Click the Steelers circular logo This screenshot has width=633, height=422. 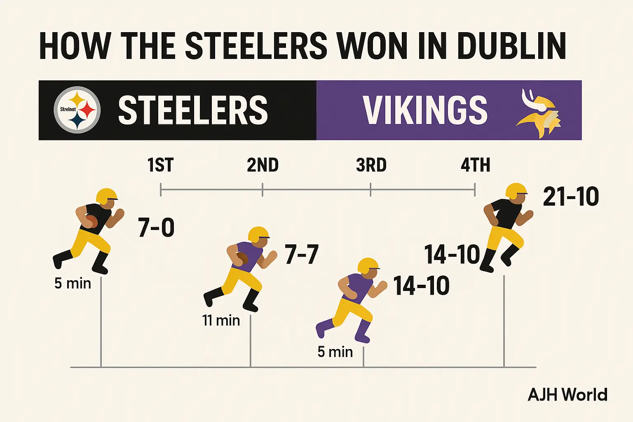coord(77,110)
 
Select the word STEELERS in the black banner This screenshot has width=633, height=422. coord(193,110)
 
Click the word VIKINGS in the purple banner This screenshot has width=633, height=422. coord(425,110)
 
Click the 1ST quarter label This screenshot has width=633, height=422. coord(160,165)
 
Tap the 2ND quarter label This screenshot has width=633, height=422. coord(263,165)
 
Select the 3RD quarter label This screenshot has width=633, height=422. coord(371,165)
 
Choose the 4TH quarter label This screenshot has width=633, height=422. coord(475,165)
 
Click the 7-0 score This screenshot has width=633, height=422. coord(156,227)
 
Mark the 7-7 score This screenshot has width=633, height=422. coord(302,254)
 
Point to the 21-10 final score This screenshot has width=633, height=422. coord(571,197)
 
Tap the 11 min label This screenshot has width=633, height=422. coord(221,320)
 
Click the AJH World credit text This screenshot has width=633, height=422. coord(567,395)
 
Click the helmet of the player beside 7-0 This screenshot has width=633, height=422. coord(107,196)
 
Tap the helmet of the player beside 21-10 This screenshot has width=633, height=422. coord(516,190)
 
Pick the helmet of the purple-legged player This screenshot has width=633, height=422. coord(368,266)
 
